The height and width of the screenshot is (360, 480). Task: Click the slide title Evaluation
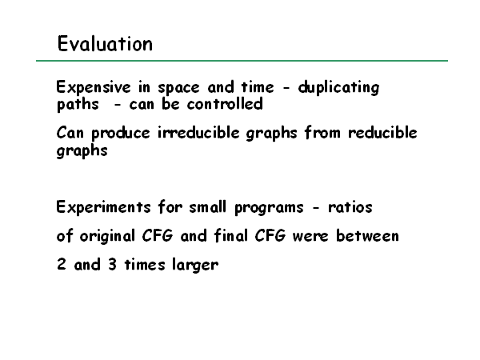(x=105, y=43)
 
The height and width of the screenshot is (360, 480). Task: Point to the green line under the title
(x=242, y=61)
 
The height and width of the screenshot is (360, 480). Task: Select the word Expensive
(x=94, y=88)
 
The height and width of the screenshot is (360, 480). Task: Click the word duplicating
(x=339, y=88)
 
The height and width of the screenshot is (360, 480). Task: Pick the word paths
(x=78, y=105)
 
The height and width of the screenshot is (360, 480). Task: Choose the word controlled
(x=225, y=104)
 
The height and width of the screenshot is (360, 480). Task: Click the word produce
(x=121, y=134)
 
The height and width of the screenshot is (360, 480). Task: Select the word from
(x=322, y=133)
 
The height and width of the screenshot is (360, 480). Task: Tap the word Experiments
(x=103, y=207)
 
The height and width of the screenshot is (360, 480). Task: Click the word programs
(x=269, y=208)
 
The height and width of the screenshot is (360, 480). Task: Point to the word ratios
(x=350, y=207)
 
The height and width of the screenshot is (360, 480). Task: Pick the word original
(x=107, y=237)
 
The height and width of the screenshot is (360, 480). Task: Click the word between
(x=367, y=236)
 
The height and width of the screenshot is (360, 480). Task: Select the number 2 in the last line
(x=62, y=264)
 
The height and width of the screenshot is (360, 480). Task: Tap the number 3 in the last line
(x=112, y=264)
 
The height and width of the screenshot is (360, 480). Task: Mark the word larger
(x=195, y=265)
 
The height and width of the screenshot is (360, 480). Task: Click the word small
(x=207, y=207)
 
